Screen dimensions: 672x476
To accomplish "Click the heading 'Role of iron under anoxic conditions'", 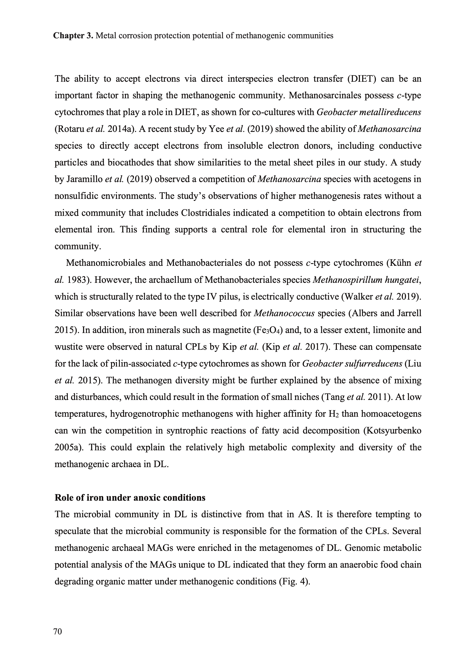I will click(x=130, y=498).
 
